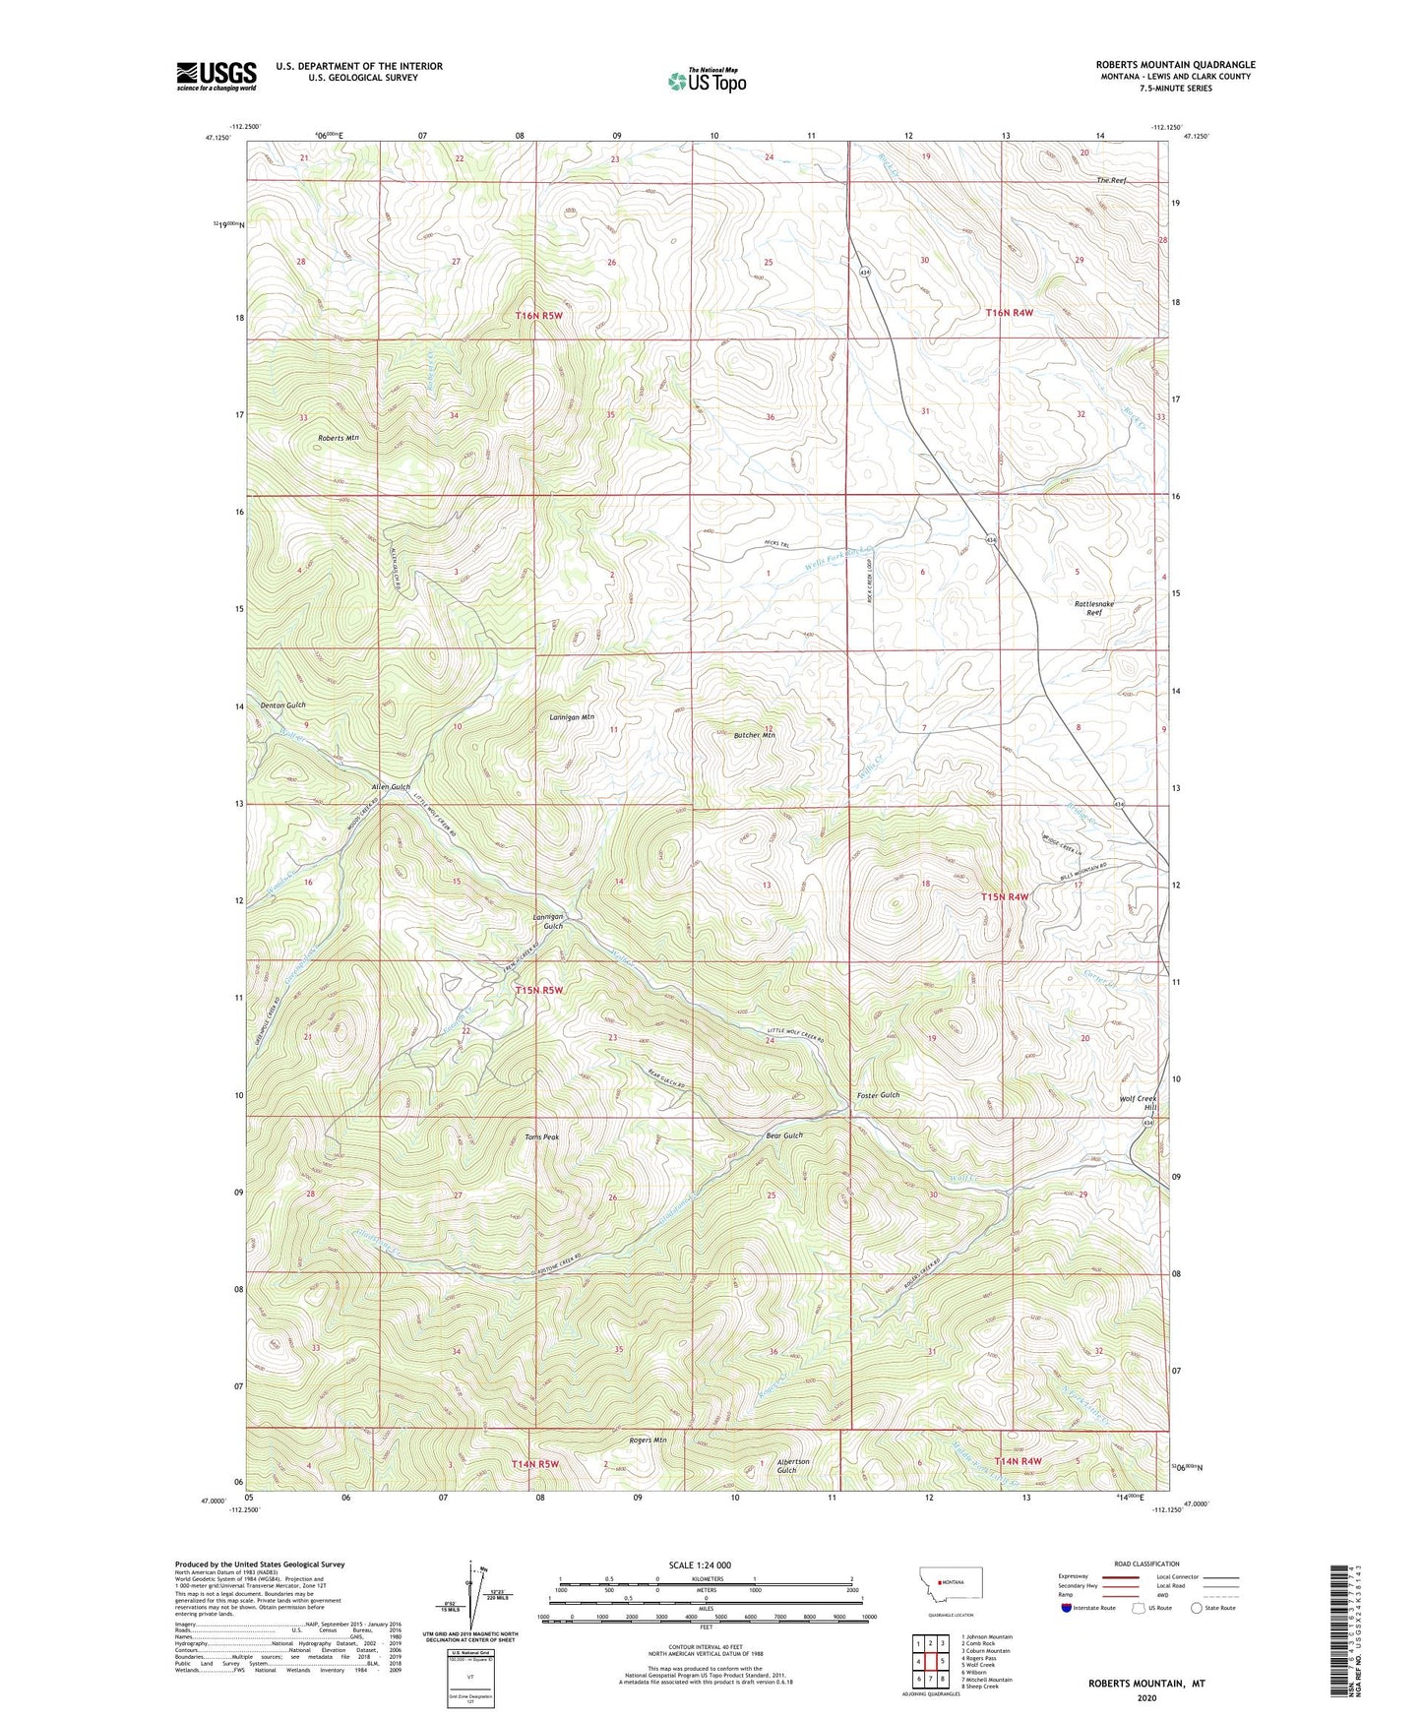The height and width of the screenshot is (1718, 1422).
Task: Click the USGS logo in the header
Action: pyautogui.click(x=216, y=76)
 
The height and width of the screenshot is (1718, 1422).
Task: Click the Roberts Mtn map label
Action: pyautogui.click(x=339, y=437)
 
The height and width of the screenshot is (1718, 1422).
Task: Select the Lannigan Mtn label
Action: pyautogui.click(x=572, y=717)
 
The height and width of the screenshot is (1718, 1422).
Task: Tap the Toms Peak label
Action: pyautogui.click(x=541, y=1137)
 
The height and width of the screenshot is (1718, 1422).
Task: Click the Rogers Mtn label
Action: pyautogui.click(x=648, y=1441)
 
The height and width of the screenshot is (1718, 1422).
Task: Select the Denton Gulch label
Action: pyautogui.click(x=282, y=706)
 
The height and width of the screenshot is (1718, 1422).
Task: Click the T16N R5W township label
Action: pyautogui.click(x=538, y=315)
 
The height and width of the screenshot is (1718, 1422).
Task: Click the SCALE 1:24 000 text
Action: pyautogui.click(x=700, y=1565)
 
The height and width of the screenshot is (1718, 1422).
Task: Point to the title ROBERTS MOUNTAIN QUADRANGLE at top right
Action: pyautogui.click(x=1175, y=65)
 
